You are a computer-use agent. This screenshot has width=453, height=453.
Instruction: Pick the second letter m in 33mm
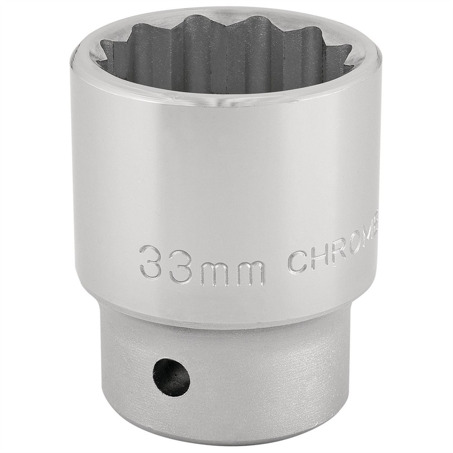click(250, 273)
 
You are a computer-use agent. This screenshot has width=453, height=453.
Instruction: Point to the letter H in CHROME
click(319, 258)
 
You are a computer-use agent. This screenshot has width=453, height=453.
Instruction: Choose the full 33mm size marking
click(202, 267)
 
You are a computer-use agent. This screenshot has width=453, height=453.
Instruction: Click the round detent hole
click(171, 377)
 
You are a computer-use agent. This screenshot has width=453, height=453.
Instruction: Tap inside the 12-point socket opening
click(226, 59)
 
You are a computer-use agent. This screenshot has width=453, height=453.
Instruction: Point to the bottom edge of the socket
click(226, 446)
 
